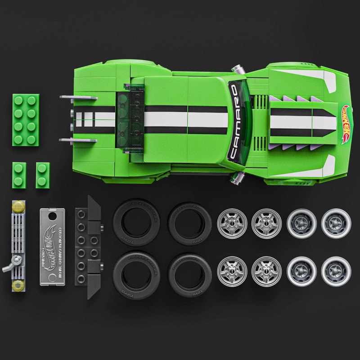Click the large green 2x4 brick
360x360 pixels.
[26, 120]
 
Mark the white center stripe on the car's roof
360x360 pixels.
[187, 119]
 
